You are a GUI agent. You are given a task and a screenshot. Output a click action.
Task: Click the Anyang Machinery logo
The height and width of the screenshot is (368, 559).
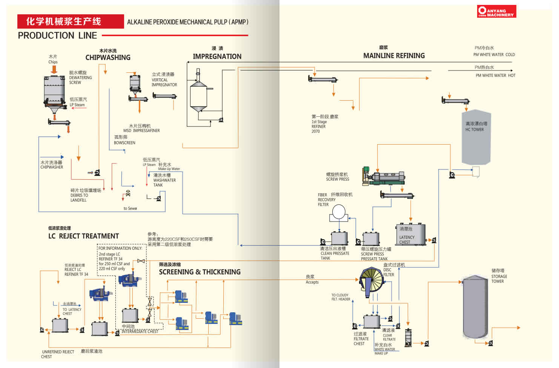pyautogui.click(x=496, y=11)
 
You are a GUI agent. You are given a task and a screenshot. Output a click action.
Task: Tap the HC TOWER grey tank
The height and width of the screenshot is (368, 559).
pyautogui.click(x=476, y=137)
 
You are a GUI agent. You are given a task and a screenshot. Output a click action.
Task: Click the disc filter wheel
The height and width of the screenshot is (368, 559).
pyautogui.click(x=371, y=281)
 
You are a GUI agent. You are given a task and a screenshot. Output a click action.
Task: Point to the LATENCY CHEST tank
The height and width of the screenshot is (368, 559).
pyautogui.click(x=410, y=235)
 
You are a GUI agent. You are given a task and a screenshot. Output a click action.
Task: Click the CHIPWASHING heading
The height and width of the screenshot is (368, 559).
pyautogui.click(x=108, y=58)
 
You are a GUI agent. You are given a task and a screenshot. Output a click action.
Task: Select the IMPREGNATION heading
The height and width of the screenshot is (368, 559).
pyautogui.click(x=217, y=56)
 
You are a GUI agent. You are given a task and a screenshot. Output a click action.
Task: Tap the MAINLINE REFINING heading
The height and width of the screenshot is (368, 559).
pyautogui.click(x=394, y=56)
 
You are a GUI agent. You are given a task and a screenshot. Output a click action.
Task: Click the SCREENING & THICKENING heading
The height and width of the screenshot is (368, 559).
pyautogui.click(x=200, y=272)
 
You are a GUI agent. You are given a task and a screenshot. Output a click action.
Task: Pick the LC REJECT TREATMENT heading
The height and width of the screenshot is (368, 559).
pyautogui.click(x=83, y=236)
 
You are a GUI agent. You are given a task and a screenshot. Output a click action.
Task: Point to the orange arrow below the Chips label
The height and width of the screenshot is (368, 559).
pyautogui.click(x=54, y=69)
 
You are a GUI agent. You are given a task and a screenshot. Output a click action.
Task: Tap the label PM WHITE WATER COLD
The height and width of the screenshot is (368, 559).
pyautogui.click(x=494, y=55)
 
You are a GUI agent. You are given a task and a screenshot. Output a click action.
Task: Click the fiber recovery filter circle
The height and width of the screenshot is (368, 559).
pyautogui.click(x=339, y=212)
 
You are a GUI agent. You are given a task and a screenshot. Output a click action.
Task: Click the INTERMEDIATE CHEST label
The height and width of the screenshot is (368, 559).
pyautogui.click(x=140, y=331)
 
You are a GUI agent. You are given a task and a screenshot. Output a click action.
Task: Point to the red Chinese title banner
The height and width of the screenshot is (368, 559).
pyautogui.click(x=71, y=21)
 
